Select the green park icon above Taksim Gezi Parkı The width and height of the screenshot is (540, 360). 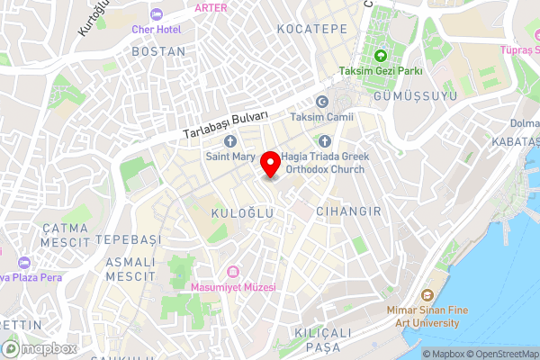coord(381,57)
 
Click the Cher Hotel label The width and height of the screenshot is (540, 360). coord(157,30)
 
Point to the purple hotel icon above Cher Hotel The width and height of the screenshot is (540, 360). coord(157,14)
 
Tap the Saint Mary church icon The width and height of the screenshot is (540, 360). coord(229,141)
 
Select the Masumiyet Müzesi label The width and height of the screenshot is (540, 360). coord(234,286)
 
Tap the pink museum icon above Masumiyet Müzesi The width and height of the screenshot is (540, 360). coord(233,271)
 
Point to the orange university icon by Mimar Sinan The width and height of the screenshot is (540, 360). coord(427,295)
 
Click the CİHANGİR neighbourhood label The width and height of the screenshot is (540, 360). coord(348,211)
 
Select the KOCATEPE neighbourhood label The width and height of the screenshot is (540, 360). coord(311,30)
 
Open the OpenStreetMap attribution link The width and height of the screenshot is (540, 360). coord(501,354)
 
